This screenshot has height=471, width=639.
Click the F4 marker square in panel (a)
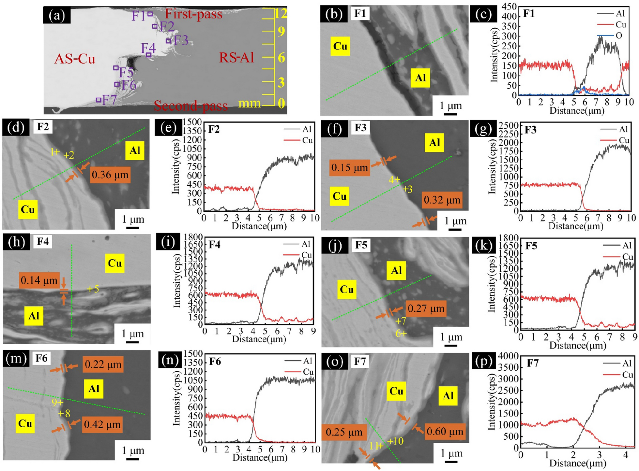[148, 55]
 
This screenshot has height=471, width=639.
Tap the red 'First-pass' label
[193, 14]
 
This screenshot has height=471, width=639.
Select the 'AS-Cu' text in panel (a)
[75, 59]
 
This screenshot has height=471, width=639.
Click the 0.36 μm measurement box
[110, 175]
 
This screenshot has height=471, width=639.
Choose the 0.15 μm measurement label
[349, 168]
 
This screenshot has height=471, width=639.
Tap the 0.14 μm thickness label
[39, 280]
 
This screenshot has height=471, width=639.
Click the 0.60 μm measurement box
[445, 432]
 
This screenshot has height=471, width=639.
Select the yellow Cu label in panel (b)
[340, 46]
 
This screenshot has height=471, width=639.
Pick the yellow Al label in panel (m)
[94, 389]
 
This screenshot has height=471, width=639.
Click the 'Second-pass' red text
[191, 106]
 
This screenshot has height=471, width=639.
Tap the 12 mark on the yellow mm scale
[280, 13]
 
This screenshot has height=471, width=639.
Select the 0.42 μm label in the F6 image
[102, 424]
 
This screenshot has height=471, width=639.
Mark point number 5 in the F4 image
[93, 289]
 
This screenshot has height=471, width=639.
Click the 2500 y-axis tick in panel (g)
[510, 126]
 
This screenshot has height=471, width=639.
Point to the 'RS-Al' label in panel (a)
[236, 58]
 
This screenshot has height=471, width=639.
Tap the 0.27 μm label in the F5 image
[426, 308]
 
